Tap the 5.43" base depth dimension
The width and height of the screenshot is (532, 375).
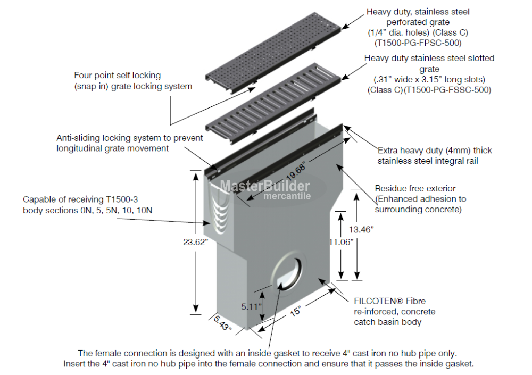(x=223, y=323)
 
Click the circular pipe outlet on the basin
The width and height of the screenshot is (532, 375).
(x=288, y=272)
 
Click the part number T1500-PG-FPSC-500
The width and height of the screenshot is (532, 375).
(x=418, y=42)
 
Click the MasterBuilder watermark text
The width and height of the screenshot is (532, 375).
(x=265, y=186)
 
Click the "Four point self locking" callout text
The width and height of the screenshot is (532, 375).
(x=117, y=76)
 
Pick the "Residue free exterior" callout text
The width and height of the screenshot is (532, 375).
(x=415, y=188)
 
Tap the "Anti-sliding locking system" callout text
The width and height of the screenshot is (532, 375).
(x=129, y=138)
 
